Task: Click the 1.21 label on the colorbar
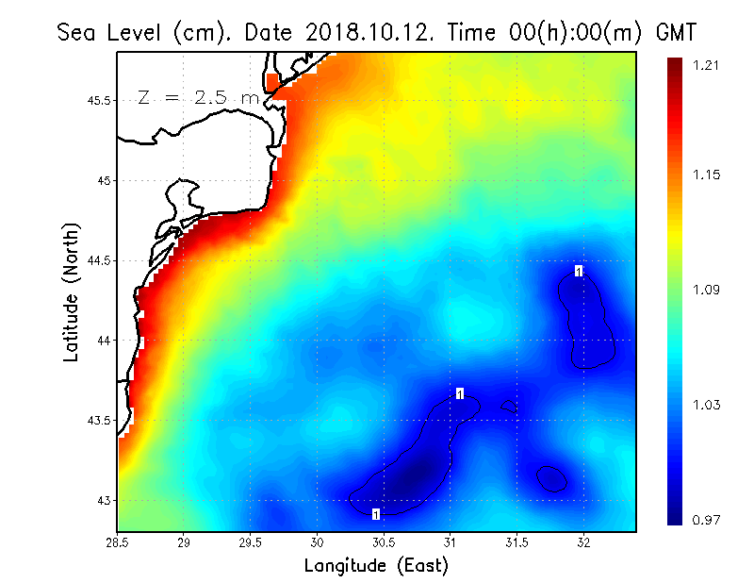707,65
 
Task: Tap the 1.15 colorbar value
707,175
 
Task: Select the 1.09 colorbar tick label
707,290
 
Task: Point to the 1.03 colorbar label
707,405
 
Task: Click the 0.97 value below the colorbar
707,519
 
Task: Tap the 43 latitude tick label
105,500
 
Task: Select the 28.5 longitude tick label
118,543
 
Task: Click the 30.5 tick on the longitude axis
384,543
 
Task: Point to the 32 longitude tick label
583,543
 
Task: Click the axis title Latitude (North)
72,291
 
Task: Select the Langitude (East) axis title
376,566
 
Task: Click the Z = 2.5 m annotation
198,98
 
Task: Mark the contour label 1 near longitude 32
579,271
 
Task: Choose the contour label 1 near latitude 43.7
460,393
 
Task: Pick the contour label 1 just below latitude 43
376,514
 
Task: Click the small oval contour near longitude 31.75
551,478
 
